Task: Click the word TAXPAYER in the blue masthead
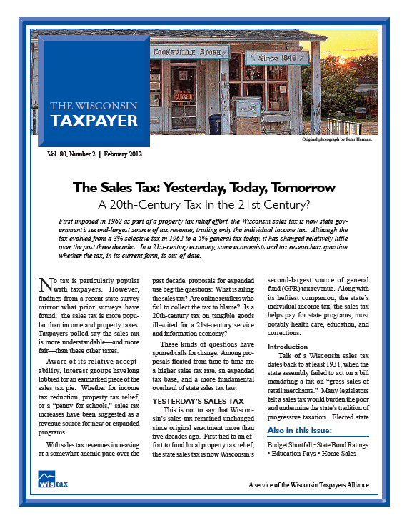[x=94, y=121]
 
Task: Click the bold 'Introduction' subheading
[x=287, y=347]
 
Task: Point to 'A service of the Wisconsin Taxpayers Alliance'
[x=308, y=484]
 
